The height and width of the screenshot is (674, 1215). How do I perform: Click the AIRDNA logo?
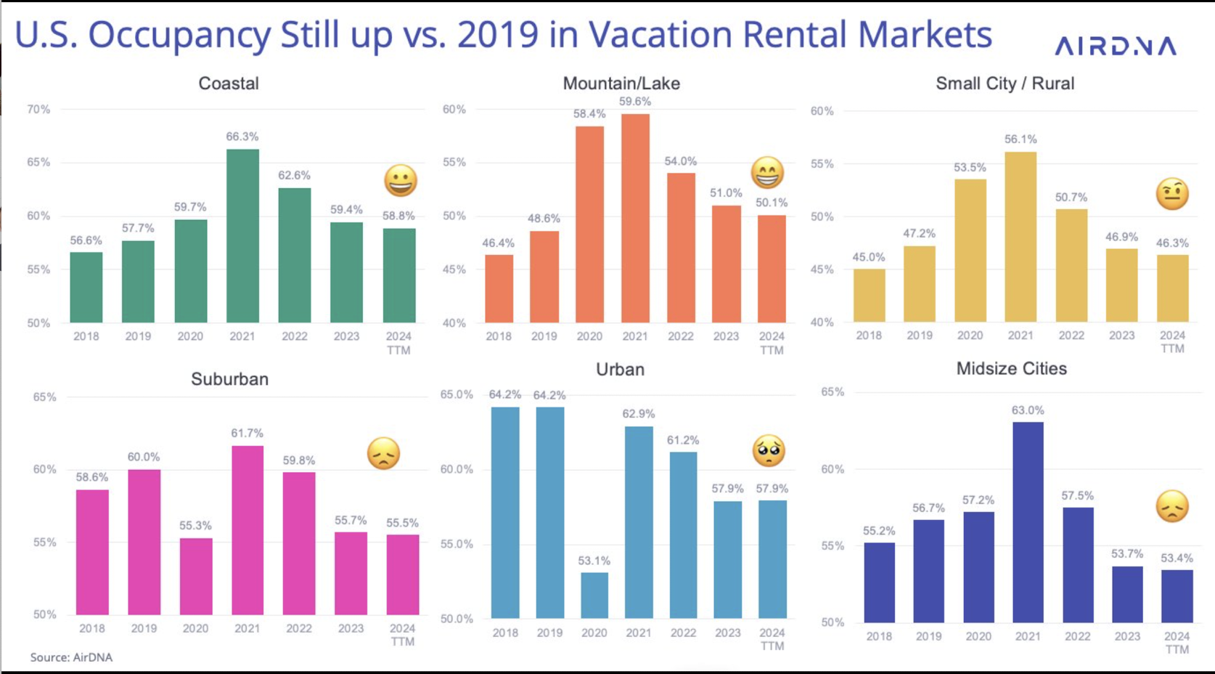(x=1115, y=46)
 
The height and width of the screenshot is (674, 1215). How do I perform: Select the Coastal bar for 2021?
(x=242, y=235)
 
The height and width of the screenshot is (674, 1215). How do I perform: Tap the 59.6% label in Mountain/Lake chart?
(x=634, y=102)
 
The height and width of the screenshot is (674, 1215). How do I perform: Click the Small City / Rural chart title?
(x=1005, y=84)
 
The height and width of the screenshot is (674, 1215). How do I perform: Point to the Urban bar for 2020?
(x=594, y=595)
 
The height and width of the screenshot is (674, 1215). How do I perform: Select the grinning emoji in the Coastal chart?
(x=400, y=180)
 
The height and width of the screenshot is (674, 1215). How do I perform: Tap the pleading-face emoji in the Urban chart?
(x=769, y=450)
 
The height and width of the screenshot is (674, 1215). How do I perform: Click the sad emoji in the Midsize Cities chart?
(x=1172, y=506)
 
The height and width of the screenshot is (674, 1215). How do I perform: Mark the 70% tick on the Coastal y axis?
(x=38, y=110)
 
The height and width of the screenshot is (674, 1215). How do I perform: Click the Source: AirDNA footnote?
(x=71, y=657)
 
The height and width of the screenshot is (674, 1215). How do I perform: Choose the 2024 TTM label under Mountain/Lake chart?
(x=772, y=343)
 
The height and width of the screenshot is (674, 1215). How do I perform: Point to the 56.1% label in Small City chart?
(x=1020, y=139)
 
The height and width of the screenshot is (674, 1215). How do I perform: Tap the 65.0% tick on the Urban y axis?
(x=457, y=394)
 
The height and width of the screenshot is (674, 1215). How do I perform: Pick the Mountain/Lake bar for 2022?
(x=681, y=247)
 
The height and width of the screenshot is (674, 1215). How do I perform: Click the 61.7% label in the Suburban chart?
(x=247, y=434)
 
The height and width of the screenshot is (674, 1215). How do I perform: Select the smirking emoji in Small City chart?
(x=1172, y=194)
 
